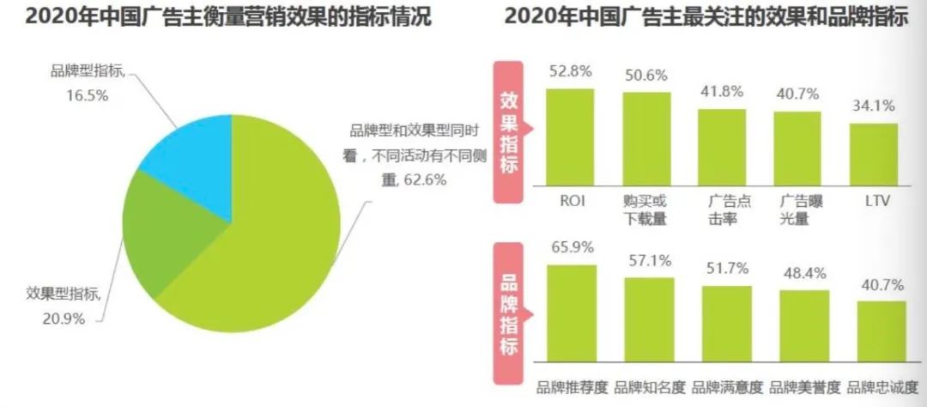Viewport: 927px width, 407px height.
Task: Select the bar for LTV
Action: (874, 154)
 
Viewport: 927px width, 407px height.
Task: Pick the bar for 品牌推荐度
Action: (571, 313)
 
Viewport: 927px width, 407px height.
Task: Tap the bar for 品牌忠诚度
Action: (881, 331)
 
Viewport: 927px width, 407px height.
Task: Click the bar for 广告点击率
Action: (722, 147)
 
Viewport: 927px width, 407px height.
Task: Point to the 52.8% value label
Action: (571, 72)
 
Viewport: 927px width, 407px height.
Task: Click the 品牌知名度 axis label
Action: (649, 387)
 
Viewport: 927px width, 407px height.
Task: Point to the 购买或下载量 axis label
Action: (645, 209)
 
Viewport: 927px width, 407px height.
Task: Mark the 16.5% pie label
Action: (88, 84)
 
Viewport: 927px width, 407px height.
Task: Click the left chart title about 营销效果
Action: (216, 16)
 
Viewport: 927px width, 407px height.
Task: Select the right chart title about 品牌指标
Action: (705, 16)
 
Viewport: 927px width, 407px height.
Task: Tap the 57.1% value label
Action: (649, 261)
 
